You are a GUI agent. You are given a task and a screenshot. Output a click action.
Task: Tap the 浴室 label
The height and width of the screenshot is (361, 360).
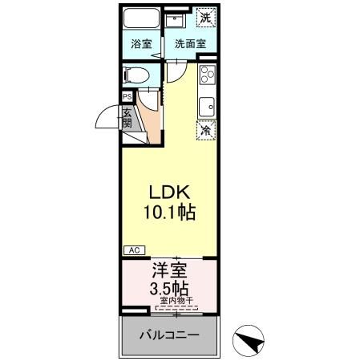click(141, 44)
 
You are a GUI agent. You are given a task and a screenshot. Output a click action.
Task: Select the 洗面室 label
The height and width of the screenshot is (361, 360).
click(190, 44)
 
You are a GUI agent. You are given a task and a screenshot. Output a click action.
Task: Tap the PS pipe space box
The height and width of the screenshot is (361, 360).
click(127, 96)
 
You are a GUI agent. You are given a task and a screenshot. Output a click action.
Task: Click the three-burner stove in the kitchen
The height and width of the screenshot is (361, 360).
click(205, 76)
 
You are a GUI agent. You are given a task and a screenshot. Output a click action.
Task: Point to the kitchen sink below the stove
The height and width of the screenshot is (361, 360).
click(206, 105)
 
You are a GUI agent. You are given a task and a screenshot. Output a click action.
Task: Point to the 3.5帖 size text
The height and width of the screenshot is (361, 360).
click(169, 288)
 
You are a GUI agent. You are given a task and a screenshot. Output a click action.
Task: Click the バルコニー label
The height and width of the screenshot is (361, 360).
click(169, 335)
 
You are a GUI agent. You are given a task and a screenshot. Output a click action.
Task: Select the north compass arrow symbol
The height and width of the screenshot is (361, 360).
click(250, 340)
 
